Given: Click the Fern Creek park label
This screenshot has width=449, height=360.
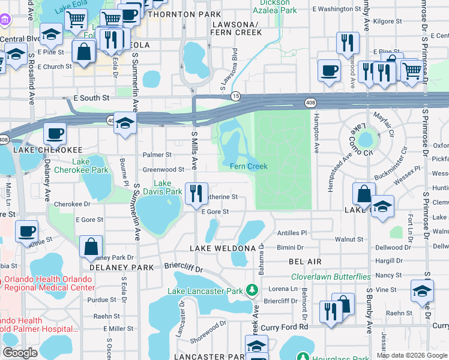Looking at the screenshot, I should [x=249, y=166].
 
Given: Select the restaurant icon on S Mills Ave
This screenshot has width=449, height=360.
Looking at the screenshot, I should [x=196, y=193].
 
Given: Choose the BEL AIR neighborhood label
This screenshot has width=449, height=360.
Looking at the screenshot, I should [x=305, y=262].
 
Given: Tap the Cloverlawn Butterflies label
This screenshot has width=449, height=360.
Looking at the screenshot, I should [x=331, y=277].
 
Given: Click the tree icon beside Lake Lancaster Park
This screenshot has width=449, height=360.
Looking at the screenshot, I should [x=252, y=292].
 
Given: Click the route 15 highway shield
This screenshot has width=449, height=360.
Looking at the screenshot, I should [x=236, y=96].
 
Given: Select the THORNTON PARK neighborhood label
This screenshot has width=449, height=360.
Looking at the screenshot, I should [x=202, y=13].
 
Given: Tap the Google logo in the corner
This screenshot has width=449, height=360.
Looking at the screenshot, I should [x=20, y=353].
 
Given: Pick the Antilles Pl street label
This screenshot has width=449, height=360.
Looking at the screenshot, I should [x=291, y=233].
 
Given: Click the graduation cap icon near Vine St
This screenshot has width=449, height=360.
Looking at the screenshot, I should [x=422, y=292].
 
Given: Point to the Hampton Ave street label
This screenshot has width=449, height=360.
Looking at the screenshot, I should [x=316, y=136].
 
